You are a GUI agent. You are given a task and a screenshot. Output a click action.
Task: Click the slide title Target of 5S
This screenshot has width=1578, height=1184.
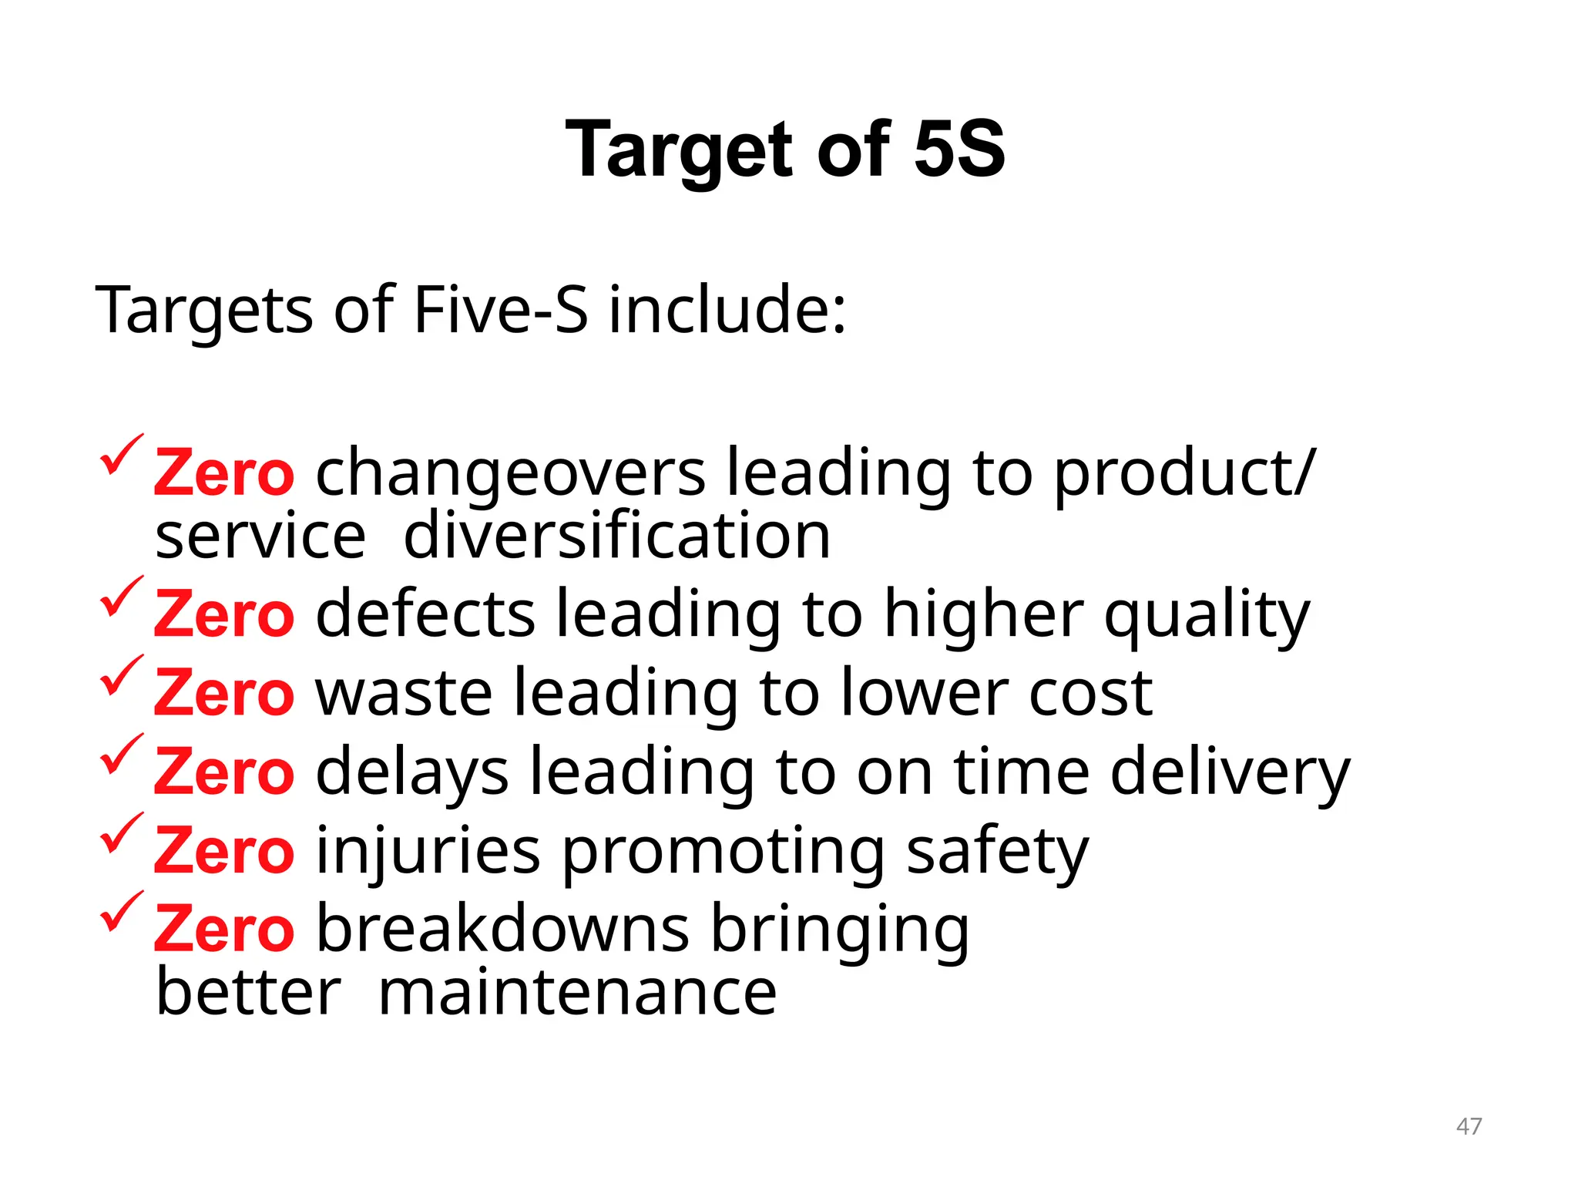(785, 150)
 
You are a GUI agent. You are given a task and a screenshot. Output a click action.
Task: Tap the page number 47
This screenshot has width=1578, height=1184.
(1469, 1126)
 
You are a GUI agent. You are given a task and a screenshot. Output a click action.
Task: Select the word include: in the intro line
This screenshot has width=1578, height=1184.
(727, 310)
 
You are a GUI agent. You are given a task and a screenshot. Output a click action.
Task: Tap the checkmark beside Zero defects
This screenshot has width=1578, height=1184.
(122, 597)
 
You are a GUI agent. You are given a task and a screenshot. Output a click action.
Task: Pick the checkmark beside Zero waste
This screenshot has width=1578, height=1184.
(122, 675)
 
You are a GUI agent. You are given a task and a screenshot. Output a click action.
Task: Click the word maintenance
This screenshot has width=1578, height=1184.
(578, 993)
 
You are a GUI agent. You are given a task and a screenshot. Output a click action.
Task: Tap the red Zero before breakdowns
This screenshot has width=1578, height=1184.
(223, 930)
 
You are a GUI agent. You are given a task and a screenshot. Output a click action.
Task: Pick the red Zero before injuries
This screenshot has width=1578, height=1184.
(223, 851)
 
